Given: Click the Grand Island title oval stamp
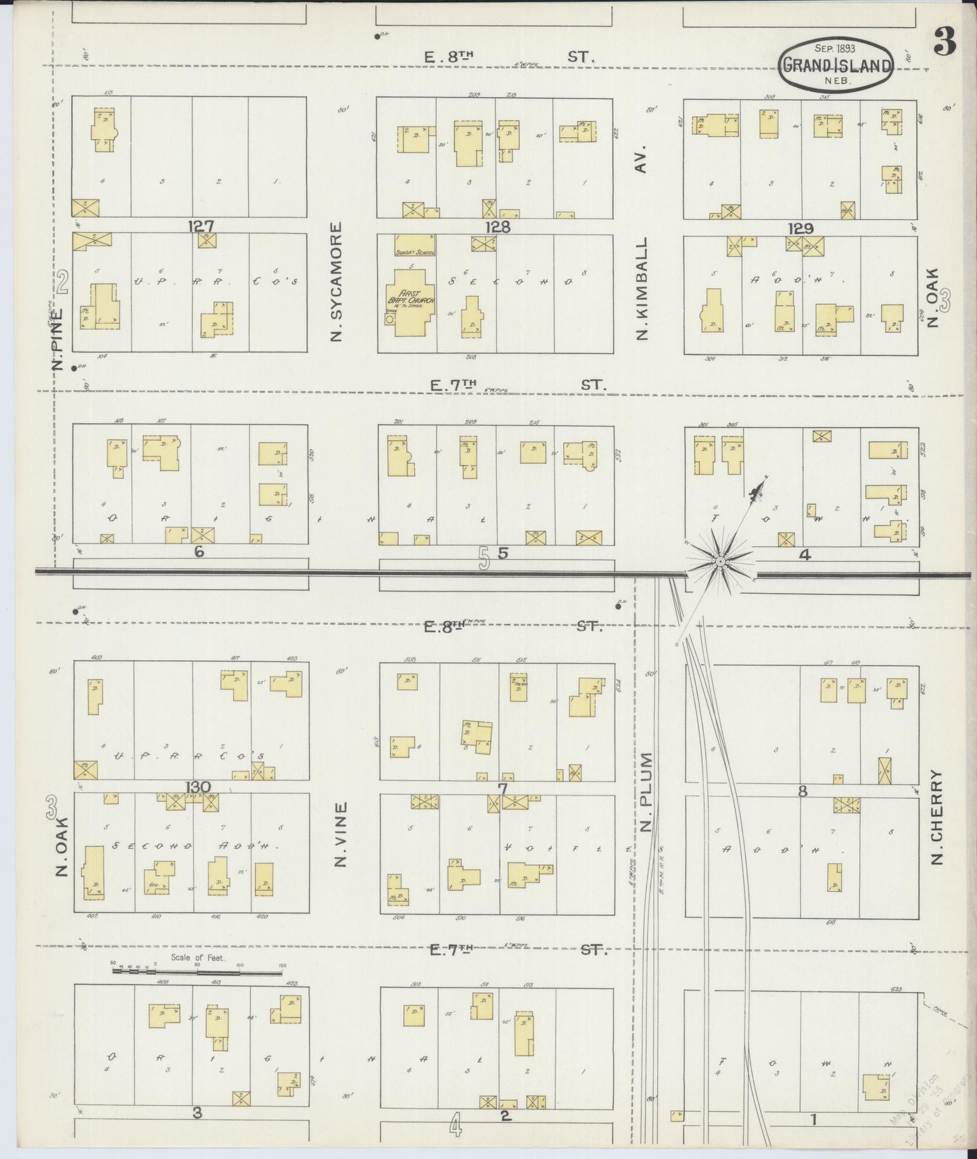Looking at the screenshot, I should tap(836, 65).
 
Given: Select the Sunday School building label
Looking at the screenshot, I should tap(414, 253).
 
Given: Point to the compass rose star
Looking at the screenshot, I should tap(720, 561).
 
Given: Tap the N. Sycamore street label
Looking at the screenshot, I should tap(337, 282).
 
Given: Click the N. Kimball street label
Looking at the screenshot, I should tap(642, 288).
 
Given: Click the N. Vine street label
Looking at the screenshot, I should tap(341, 834).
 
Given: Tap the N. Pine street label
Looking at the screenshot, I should tap(59, 339).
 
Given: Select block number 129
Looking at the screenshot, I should tap(800, 229).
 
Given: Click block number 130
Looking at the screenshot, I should tap(197, 786).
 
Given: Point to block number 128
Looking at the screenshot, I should tap(497, 227).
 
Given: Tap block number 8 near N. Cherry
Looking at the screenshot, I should tap(803, 790).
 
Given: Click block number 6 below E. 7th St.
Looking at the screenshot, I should tap(199, 551).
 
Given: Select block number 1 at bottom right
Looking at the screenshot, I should tap(813, 1119).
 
